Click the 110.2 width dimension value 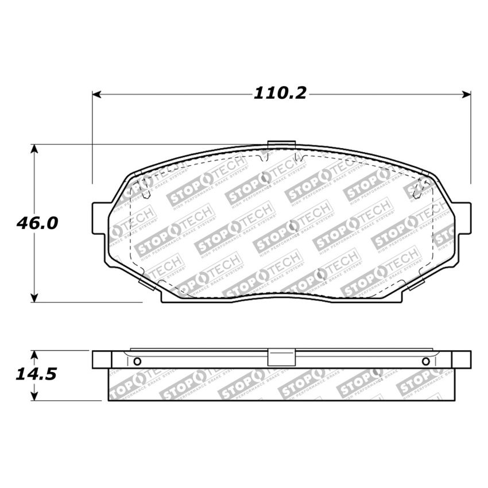pos(281,94)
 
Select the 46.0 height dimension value pos(37,223)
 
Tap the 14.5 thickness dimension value pos(37,374)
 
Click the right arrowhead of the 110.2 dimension pos(466,94)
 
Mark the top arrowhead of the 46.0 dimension pos(34,149)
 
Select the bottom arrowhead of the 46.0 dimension pos(34,297)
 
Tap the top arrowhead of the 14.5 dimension pos(34,355)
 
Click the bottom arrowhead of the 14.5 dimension pos(34,396)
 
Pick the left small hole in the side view pos(137,361)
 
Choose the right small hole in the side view pos(425,361)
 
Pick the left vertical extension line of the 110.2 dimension pos(92,138)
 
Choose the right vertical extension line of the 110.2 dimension pos(471,138)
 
